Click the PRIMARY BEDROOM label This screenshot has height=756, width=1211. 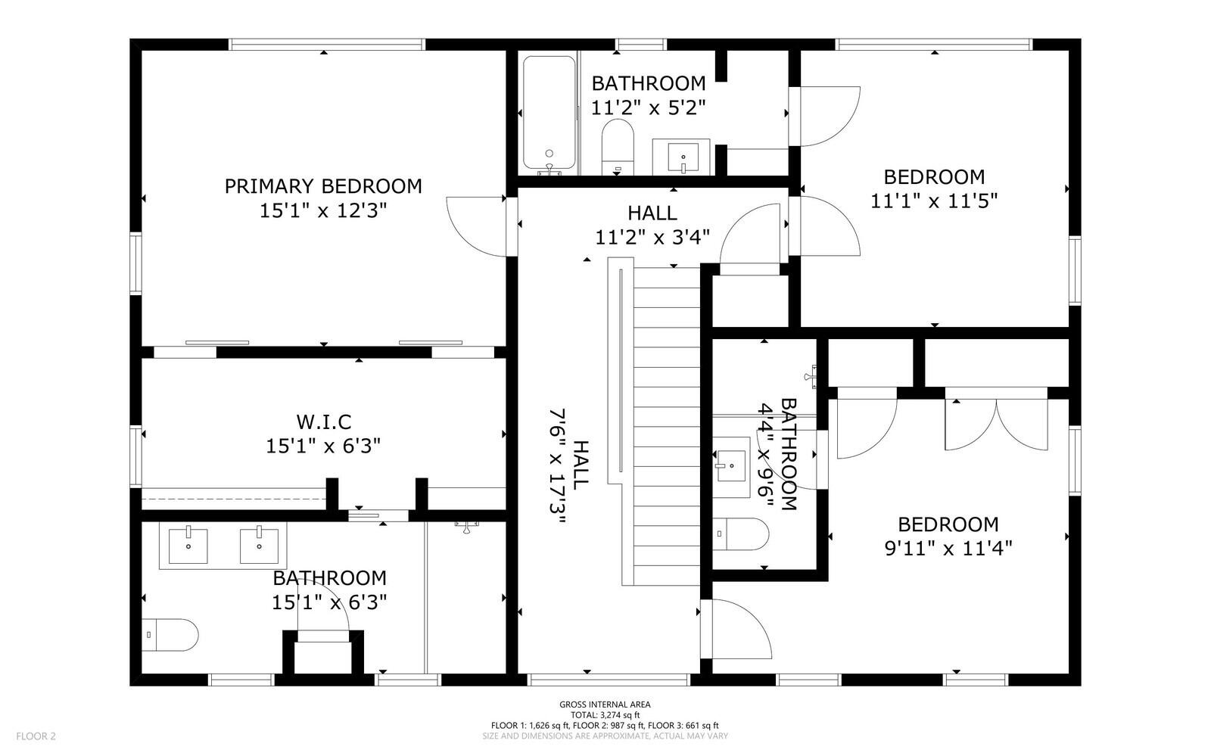pyautogui.click(x=322, y=186)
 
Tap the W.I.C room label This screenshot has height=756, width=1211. pyautogui.click(x=323, y=422)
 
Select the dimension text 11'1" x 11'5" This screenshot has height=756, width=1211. pyautogui.click(x=934, y=201)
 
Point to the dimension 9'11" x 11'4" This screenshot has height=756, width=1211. pyautogui.click(x=948, y=549)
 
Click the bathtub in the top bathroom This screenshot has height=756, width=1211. pyautogui.click(x=549, y=113)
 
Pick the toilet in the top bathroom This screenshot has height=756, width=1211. pyautogui.click(x=618, y=147)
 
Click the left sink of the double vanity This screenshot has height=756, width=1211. pyautogui.click(x=188, y=546)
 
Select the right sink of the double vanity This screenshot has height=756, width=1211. pyautogui.click(x=259, y=546)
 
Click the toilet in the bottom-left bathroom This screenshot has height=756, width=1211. pyautogui.click(x=170, y=635)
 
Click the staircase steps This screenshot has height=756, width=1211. pyautogui.click(x=667, y=426)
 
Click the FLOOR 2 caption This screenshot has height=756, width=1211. pyautogui.click(x=36, y=736)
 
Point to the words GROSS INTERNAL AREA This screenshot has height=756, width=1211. pyautogui.click(x=605, y=705)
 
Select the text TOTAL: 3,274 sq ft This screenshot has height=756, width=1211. pyautogui.click(x=605, y=715)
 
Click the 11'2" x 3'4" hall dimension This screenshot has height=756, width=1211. pyautogui.click(x=652, y=237)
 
